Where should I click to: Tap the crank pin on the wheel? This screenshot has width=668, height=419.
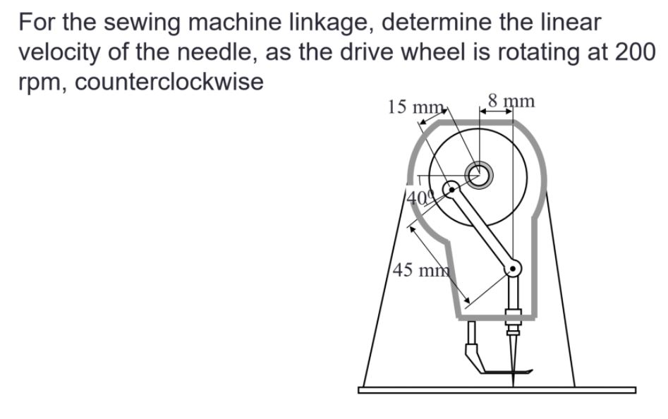coord(450,188)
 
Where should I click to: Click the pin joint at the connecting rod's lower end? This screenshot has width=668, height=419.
coord(513,267)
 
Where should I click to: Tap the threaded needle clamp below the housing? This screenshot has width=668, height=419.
coord(513,326)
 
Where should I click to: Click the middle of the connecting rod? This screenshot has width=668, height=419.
coord(482,228)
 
